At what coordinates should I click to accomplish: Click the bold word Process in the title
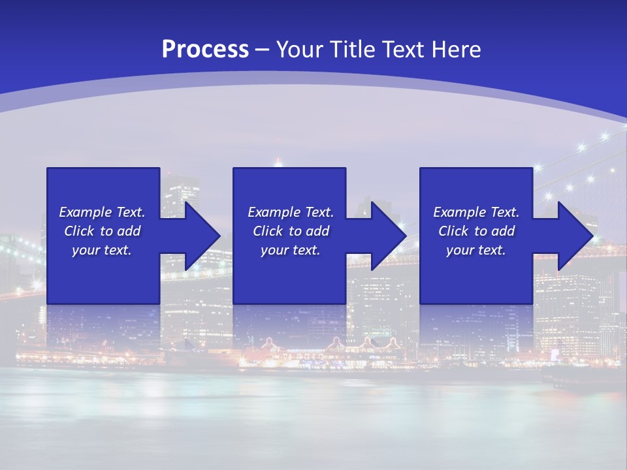click(x=205, y=50)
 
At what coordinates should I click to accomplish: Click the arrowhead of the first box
click(x=202, y=236)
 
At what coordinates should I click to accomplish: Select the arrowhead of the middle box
click(x=389, y=236)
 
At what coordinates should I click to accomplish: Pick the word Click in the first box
click(x=79, y=231)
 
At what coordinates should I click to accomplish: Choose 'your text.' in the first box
click(x=102, y=250)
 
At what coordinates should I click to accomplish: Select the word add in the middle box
click(x=317, y=231)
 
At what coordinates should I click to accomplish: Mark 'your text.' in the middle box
click(x=291, y=250)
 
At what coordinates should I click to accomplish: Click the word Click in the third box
click(x=453, y=231)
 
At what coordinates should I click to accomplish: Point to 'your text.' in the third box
click(x=476, y=250)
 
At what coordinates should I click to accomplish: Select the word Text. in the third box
click(x=504, y=212)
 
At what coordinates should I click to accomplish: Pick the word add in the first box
click(x=129, y=231)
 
